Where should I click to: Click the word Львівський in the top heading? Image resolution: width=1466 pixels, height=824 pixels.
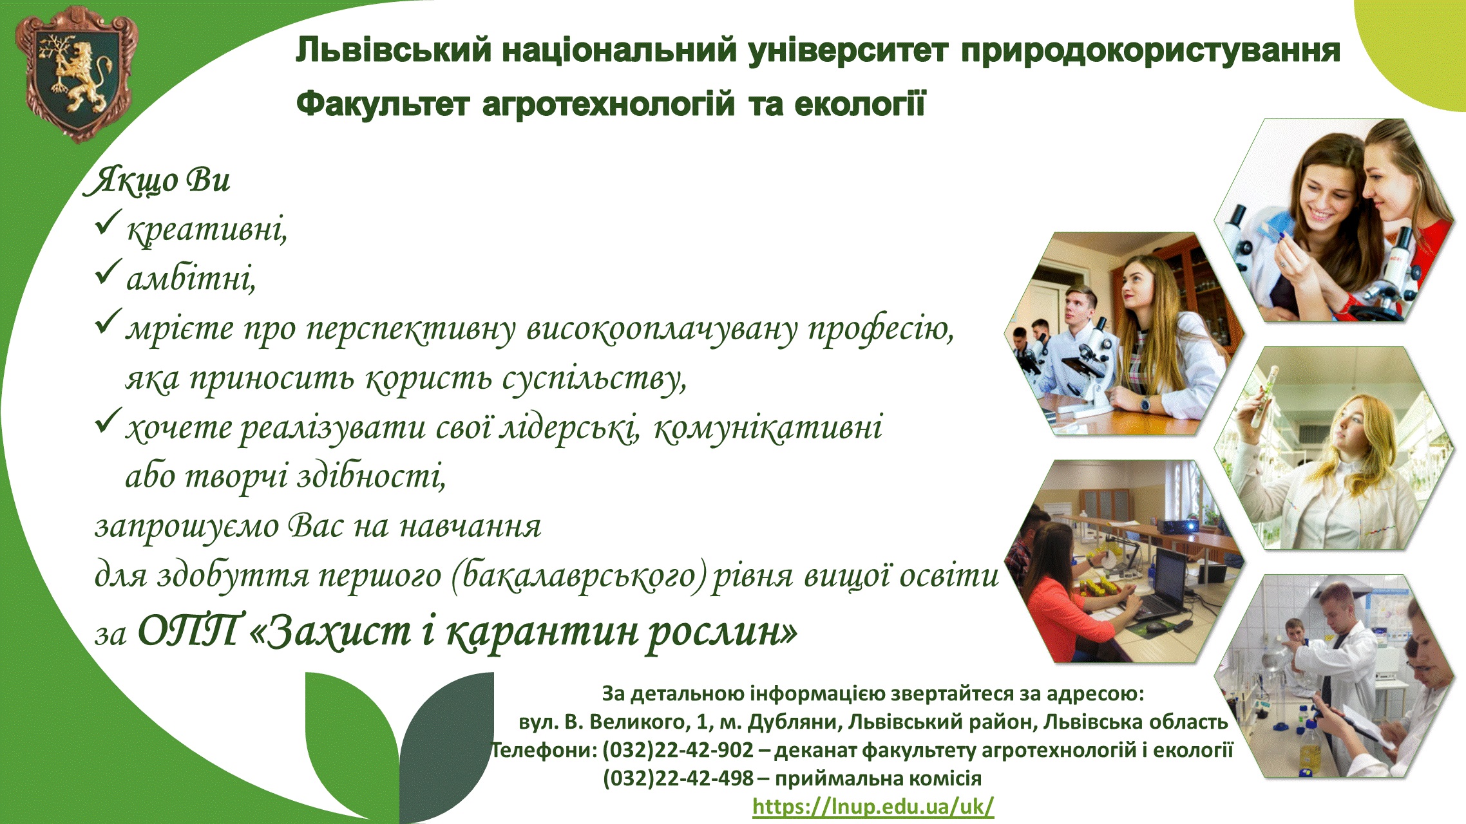click(x=394, y=50)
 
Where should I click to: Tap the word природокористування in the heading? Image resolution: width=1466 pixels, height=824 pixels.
click(x=1150, y=51)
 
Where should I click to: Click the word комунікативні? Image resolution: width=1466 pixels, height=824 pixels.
click(x=768, y=428)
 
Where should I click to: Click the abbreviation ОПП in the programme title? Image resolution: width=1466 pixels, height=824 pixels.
click(x=191, y=630)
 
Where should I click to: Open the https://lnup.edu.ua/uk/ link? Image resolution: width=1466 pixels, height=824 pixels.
click(x=873, y=806)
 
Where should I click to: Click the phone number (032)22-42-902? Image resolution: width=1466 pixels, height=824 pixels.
click(x=678, y=750)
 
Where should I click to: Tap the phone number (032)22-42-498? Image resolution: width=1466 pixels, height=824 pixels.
click(x=678, y=778)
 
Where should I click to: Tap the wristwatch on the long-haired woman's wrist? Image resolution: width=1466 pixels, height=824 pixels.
click(x=1145, y=404)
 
